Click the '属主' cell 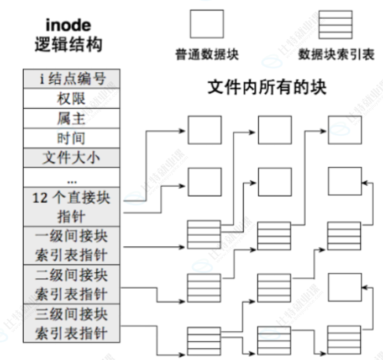coord(72,118)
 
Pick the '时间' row coord(72,138)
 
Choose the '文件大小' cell coord(72,158)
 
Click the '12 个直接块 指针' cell coord(72,206)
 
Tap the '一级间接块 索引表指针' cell coord(72,245)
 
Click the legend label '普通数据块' coord(207,54)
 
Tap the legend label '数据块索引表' coord(336,54)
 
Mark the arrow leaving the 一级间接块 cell coord(155,246)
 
